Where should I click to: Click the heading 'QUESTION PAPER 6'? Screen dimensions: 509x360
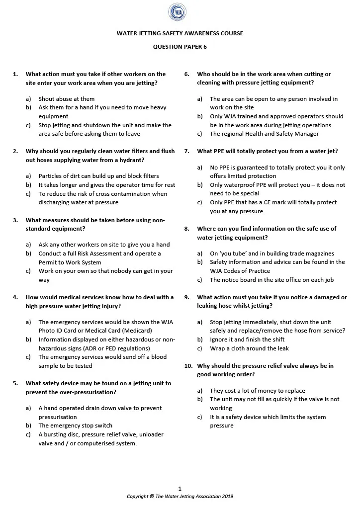pos(180,47)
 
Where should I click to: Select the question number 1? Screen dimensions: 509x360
pos(15,74)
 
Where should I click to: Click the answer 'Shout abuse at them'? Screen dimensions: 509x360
pos(67,99)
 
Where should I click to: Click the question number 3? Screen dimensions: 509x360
pos(15,220)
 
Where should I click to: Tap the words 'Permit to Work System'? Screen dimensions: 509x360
pos(70,262)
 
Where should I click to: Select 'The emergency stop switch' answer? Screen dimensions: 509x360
pos(76,425)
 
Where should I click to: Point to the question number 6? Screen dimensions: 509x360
pos(187,74)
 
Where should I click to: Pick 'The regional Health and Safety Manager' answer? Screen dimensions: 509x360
pos(264,134)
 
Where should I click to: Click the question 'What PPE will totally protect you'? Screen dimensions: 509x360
pos(268,151)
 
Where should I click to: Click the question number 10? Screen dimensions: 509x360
pos(188,366)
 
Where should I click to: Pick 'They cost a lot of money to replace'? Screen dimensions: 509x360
pos(257,391)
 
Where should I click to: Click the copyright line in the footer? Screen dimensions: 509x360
pos(180,496)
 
